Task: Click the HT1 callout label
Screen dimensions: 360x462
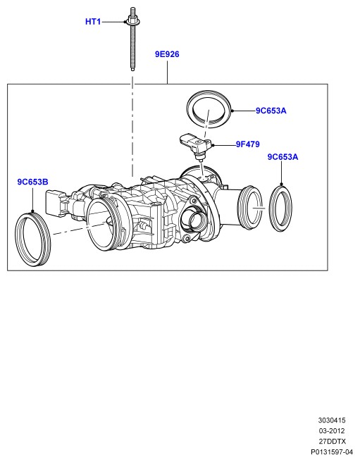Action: tap(93, 22)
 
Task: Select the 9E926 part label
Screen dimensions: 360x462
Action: tap(167, 54)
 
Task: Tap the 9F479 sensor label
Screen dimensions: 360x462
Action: tap(248, 144)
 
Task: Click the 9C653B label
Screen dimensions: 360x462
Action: tap(32, 182)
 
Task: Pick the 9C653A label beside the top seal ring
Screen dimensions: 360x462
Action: tap(271, 111)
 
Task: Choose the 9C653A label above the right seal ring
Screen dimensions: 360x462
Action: tap(283, 157)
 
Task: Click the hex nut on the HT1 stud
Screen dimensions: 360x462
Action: tap(132, 21)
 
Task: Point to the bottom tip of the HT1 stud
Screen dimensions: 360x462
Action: tap(132, 70)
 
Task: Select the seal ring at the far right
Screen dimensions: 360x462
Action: tap(280, 208)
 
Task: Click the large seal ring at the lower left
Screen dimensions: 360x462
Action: tap(32, 239)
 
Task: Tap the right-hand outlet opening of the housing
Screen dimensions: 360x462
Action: tap(250, 208)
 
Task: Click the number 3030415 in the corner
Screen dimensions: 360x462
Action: tap(332, 420)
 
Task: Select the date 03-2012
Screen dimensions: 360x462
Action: tap(332, 431)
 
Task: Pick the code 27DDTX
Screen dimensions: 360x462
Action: tap(332, 442)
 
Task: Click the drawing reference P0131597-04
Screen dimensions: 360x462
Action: tap(332, 452)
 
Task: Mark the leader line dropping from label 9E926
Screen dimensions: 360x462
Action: tap(167, 72)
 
